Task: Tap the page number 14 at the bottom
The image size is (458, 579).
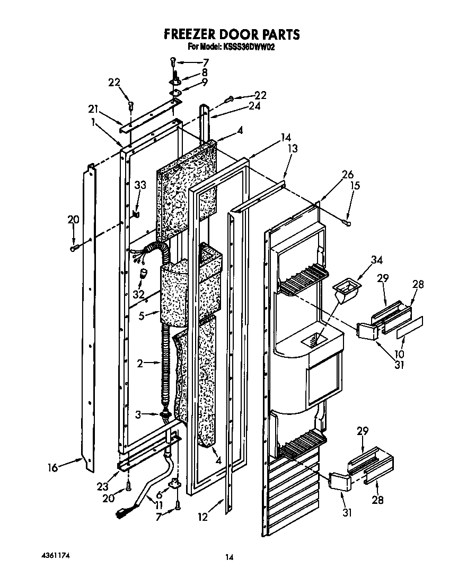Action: [229, 557]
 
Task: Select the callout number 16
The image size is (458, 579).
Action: [52, 467]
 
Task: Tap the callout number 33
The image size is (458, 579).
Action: [140, 186]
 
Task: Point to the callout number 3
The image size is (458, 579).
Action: [138, 415]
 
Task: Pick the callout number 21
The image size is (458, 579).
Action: [93, 110]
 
